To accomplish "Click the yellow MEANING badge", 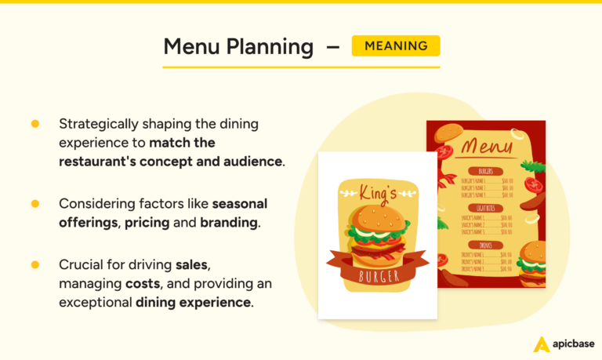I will [x=396, y=45].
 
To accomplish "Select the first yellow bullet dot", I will [x=34, y=124].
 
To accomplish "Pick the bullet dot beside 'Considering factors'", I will [x=34, y=203].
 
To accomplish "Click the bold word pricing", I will [x=143, y=223].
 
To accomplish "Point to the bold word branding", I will [x=228, y=222].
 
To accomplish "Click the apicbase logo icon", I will [x=540, y=344].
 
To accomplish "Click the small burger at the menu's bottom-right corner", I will [x=533, y=260].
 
